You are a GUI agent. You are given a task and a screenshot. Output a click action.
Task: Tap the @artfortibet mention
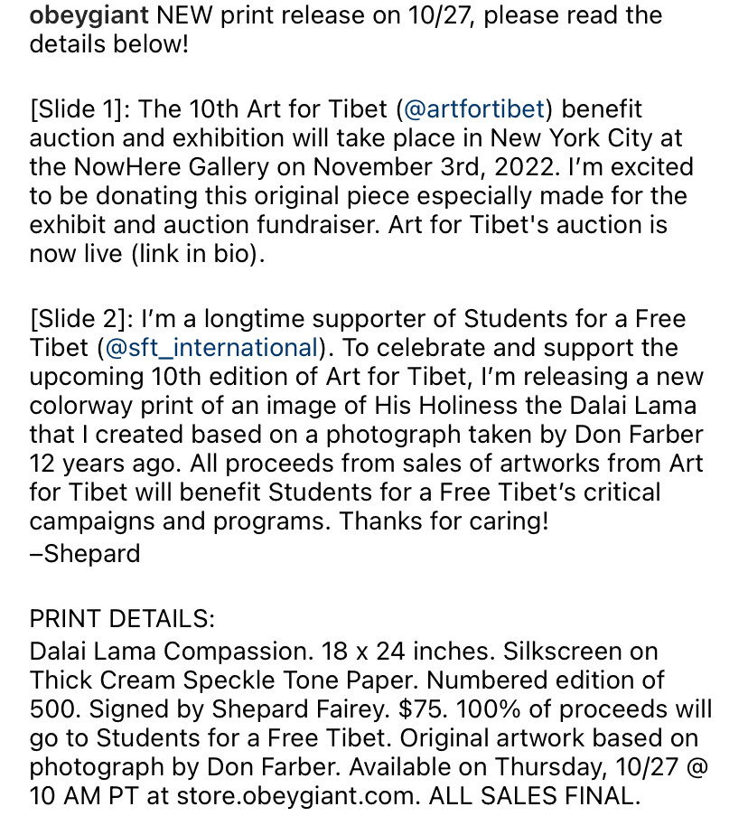tap(474, 109)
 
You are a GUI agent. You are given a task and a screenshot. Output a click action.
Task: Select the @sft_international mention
tap(211, 348)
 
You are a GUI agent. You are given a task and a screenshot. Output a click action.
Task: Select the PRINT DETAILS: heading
tap(122, 619)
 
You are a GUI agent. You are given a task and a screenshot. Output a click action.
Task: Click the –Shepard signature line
tap(85, 553)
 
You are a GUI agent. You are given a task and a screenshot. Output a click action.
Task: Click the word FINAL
tap(597, 795)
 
